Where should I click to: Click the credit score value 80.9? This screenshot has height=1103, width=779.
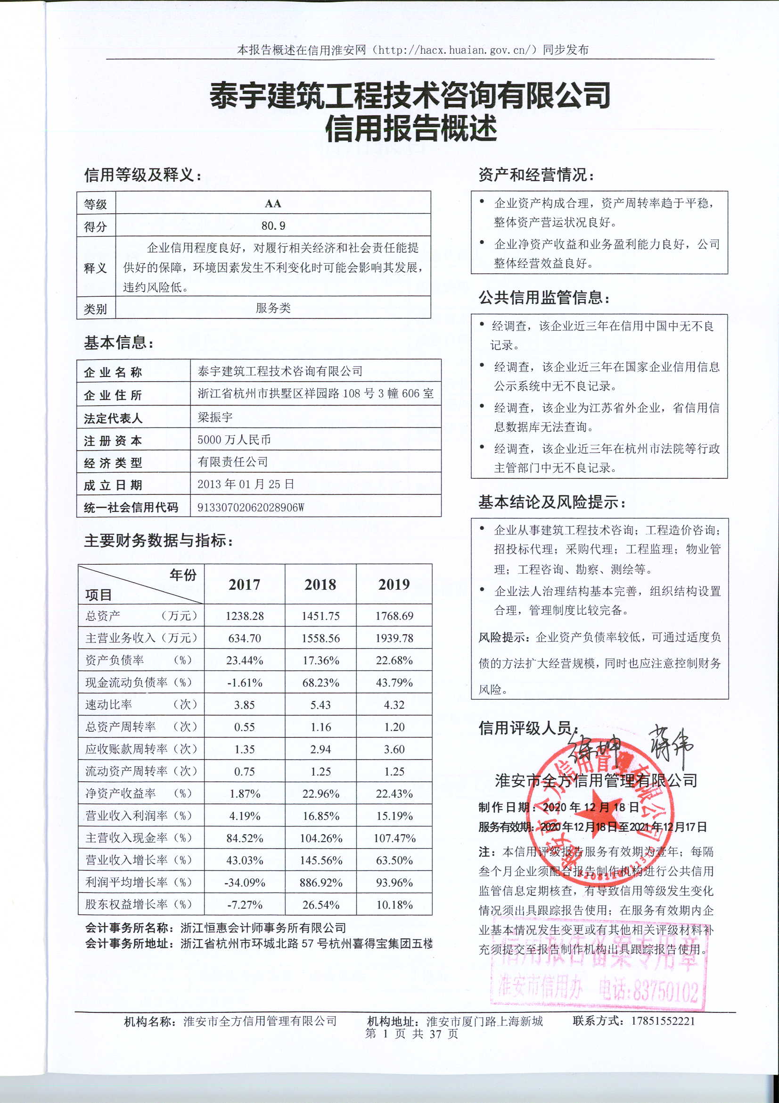pyautogui.click(x=273, y=226)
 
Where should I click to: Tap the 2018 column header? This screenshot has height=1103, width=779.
pyautogui.click(x=320, y=584)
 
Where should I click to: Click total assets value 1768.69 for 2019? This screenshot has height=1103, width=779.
pyautogui.click(x=394, y=616)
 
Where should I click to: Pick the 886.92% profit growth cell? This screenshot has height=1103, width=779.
pyautogui.click(x=320, y=883)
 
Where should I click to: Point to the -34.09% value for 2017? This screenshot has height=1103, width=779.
pyautogui.click(x=244, y=883)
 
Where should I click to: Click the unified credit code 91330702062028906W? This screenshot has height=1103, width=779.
pyautogui.click(x=251, y=507)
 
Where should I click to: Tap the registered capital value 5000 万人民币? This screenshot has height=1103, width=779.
pyautogui.click(x=234, y=440)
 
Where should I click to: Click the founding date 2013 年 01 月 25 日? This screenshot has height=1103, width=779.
pyautogui.click(x=246, y=484)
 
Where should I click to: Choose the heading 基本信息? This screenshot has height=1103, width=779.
pyautogui.click(x=119, y=343)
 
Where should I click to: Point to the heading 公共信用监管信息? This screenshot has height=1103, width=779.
pyautogui.click(x=544, y=298)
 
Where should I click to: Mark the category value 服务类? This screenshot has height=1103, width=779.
pyautogui.click(x=273, y=308)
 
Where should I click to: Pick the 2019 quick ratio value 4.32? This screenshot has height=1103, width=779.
pyautogui.click(x=394, y=705)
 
